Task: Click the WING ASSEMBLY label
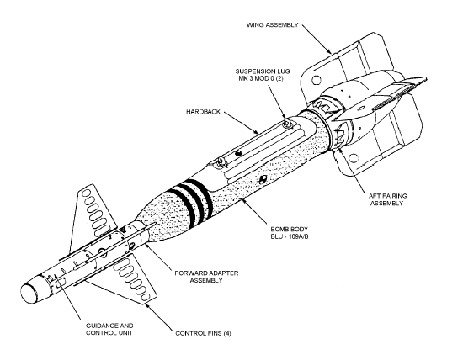[273, 24]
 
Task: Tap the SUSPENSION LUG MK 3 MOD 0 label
[263, 75]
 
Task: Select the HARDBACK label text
[203, 112]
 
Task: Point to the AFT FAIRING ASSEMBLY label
[388, 199]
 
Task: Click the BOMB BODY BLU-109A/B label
[290, 233]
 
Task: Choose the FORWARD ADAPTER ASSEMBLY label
[206, 277]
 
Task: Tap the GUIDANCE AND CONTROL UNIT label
[109, 329]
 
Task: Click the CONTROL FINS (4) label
[203, 333]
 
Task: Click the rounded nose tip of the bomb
[29, 294]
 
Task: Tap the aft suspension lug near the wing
[286, 124]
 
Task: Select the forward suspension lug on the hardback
[221, 161]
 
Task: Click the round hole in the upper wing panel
[317, 80]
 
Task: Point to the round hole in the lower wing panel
[354, 158]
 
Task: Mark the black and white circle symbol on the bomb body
[262, 179]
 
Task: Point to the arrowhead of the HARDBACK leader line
[258, 133]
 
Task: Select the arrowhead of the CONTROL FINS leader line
[147, 306]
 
